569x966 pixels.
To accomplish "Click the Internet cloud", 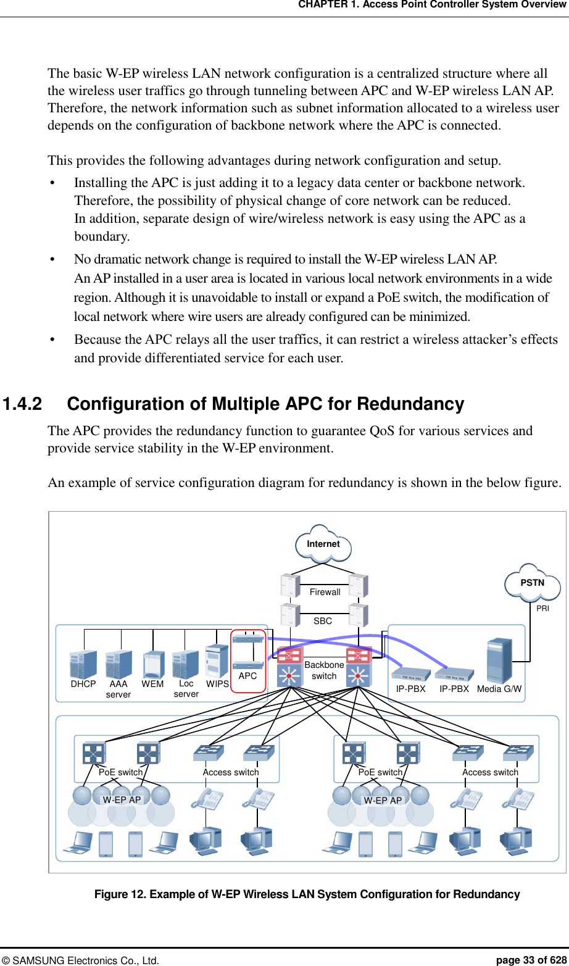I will click(323, 544).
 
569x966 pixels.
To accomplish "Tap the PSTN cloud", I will click(532, 583).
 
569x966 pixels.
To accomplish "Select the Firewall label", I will click(325, 592).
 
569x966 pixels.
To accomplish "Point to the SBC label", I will click(323, 621).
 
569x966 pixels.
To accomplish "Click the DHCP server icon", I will click(83, 664).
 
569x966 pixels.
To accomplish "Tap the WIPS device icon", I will click(217, 661).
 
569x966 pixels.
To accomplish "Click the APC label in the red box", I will click(247, 676).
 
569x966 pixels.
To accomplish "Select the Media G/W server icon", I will click(499, 660).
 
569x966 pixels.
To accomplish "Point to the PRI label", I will click(542, 609).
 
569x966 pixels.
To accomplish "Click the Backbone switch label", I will click(324, 670).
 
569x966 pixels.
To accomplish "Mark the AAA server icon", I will click(118, 664).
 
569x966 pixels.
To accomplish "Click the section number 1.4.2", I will click(23, 404).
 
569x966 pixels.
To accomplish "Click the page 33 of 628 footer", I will click(531, 960).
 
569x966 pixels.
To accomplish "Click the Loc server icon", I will click(185, 664).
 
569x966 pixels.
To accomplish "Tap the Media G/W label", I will click(499, 689).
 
